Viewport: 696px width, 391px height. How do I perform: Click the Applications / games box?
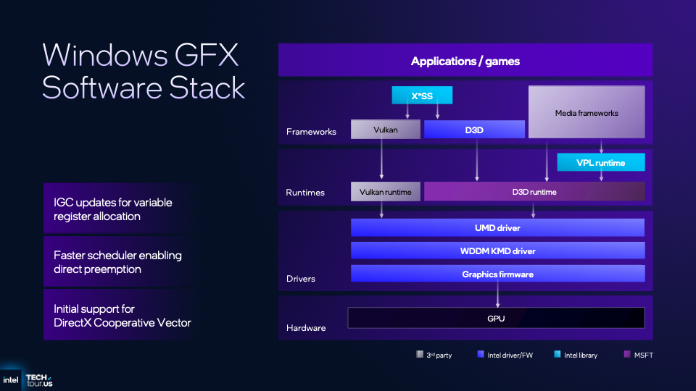point(465,61)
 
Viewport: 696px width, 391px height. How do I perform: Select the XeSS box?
point(422,96)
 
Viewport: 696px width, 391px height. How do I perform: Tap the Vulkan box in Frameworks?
point(385,130)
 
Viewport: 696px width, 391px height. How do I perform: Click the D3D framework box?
point(474,130)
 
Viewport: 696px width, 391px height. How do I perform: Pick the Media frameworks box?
point(587,112)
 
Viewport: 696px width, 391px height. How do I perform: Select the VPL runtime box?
point(600,162)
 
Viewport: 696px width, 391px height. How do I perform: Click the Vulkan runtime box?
point(385,192)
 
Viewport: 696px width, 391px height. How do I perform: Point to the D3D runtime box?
point(534,192)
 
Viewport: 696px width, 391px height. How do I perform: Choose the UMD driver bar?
point(497,227)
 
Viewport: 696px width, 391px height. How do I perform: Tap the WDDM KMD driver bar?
point(497,251)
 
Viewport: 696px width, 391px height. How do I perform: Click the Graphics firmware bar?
point(497,274)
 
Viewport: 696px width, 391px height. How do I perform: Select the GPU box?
point(496,318)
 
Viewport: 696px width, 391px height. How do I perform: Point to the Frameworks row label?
point(311,132)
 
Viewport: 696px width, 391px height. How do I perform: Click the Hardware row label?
point(306,328)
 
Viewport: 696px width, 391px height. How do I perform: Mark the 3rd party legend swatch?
point(419,354)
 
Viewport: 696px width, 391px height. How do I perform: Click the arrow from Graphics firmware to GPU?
point(497,295)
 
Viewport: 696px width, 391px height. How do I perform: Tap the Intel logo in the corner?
point(11,379)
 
